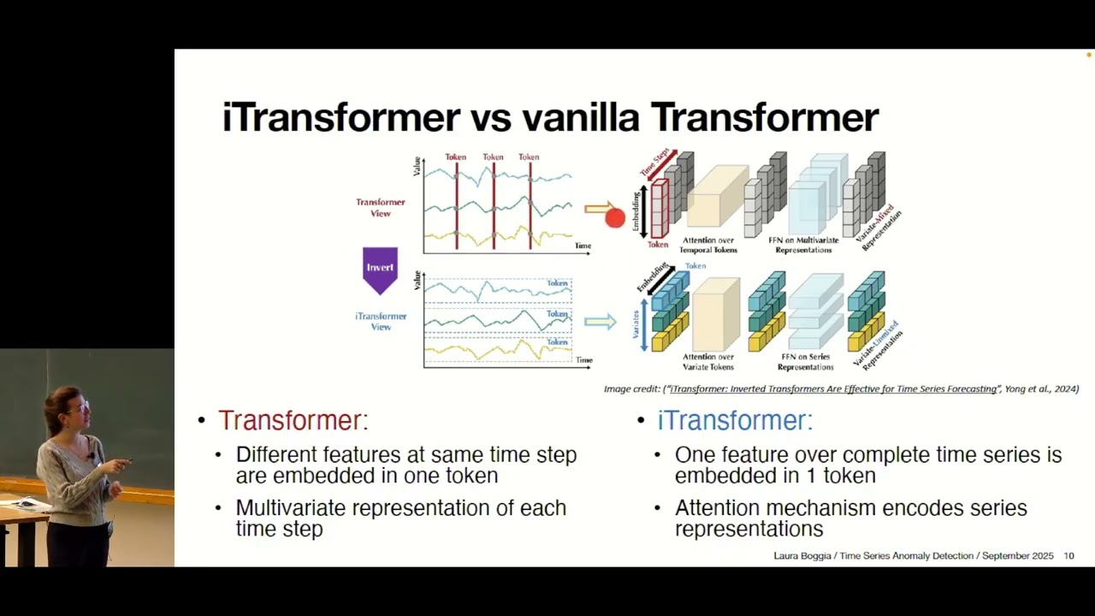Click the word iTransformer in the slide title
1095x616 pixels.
[340, 117]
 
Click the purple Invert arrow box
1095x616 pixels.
[380, 268]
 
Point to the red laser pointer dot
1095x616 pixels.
[614, 218]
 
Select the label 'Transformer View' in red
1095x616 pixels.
[381, 208]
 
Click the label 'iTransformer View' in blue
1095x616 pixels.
[381, 321]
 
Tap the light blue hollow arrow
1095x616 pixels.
[600, 322]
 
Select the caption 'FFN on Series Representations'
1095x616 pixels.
[805, 362]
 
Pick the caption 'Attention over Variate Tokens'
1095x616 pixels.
[707, 362]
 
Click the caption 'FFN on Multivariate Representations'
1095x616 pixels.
[803, 245]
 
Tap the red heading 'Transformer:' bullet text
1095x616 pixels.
[293, 420]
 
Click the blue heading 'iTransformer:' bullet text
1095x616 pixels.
[734, 420]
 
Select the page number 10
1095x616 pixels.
[1068, 556]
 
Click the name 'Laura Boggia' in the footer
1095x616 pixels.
[802, 556]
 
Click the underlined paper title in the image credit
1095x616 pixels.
[833, 389]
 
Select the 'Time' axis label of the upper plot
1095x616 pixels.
[583, 246]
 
